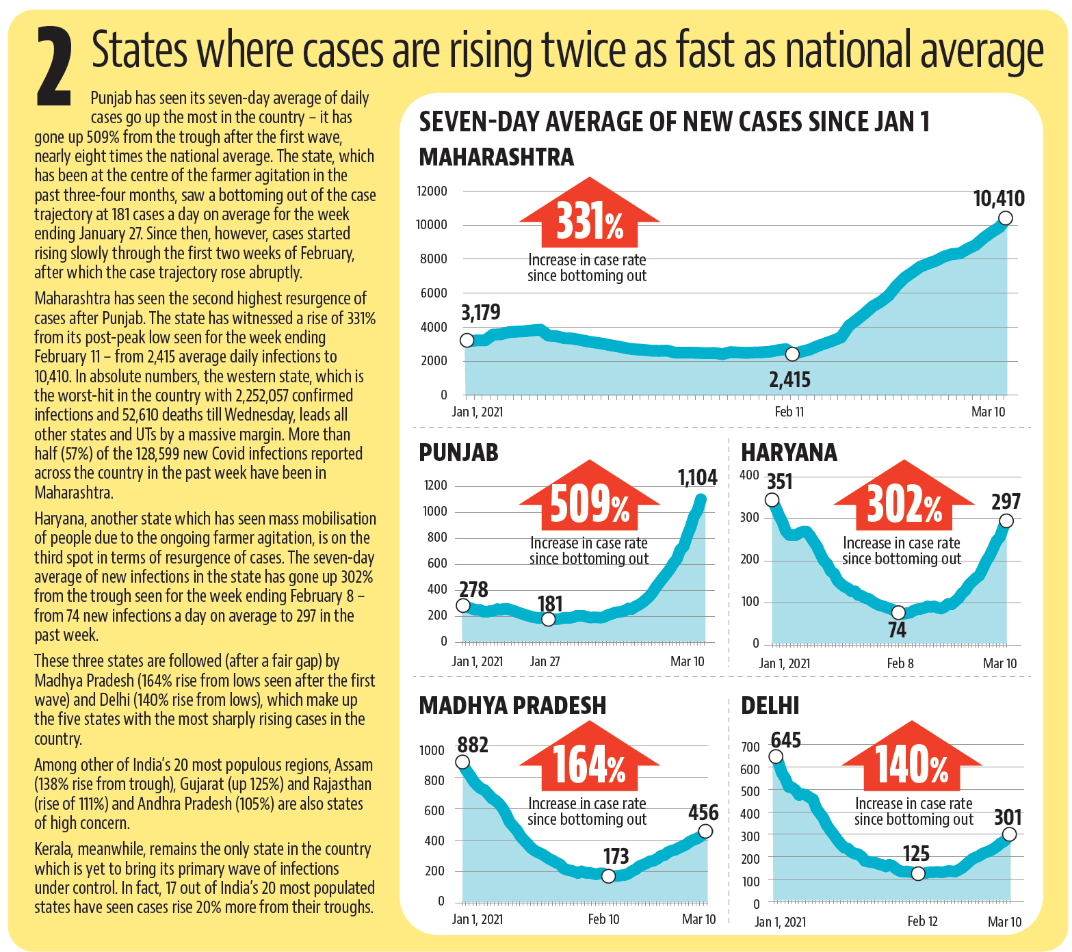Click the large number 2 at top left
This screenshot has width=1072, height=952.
(x=55, y=67)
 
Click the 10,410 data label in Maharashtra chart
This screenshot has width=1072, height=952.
(x=998, y=199)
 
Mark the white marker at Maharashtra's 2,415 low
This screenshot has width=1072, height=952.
(x=792, y=354)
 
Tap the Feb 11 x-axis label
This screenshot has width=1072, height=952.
(x=789, y=412)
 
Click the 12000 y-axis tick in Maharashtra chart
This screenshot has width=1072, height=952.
(x=432, y=191)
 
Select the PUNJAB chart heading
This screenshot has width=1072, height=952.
(x=458, y=453)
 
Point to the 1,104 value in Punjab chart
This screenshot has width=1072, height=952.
(x=697, y=477)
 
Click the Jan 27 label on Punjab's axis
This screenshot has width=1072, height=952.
(x=545, y=661)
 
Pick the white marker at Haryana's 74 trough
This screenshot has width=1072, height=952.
(x=898, y=612)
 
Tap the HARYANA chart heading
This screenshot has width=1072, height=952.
(x=789, y=453)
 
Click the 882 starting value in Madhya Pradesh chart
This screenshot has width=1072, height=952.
(x=473, y=744)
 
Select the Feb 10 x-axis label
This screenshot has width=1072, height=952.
(x=603, y=919)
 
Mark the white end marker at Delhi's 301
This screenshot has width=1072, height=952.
(x=1009, y=834)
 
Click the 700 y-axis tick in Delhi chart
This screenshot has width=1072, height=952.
(x=750, y=747)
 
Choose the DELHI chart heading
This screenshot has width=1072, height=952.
(x=770, y=706)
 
